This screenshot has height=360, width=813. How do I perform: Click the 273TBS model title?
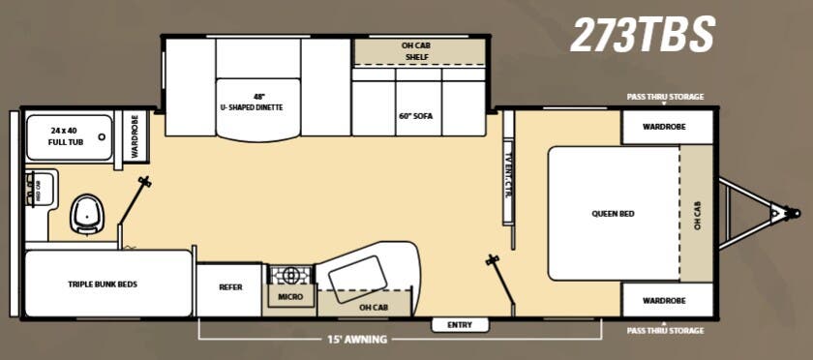coord(642,36)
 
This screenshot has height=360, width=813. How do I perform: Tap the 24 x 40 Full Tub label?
coord(67,136)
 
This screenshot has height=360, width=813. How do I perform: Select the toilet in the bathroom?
coord(86,213)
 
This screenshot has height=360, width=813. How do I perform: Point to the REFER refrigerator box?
coord(230,287)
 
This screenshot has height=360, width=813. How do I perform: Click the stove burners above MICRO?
coord(289,275)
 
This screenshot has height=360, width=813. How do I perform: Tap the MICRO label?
coord(289,296)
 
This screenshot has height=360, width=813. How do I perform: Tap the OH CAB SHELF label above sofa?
coord(420,51)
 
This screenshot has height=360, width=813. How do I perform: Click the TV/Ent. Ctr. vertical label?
coord(507,175)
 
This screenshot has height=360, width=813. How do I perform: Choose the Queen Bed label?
coord(613,213)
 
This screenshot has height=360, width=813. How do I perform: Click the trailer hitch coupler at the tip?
coord(792,212)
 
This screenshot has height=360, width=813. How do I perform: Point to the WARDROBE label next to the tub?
coord(135,136)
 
